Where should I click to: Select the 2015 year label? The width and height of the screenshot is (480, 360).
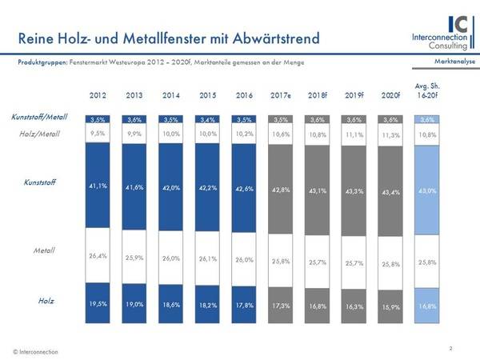(x=208, y=95)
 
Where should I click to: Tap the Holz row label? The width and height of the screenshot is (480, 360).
(x=46, y=301)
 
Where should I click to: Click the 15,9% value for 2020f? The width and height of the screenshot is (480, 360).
(x=391, y=306)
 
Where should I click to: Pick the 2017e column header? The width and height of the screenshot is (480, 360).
(x=281, y=95)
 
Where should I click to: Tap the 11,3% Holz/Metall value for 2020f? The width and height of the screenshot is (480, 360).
(x=391, y=135)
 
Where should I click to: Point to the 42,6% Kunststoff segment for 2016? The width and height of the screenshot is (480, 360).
(x=245, y=189)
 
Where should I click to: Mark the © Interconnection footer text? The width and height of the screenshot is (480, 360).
(x=35, y=352)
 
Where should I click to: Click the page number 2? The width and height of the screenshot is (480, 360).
(x=451, y=348)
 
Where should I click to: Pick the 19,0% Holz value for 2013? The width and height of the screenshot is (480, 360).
(x=134, y=305)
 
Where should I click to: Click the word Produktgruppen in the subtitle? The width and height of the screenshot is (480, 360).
(x=42, y=62)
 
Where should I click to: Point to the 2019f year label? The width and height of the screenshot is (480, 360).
(x=354, y=95)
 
